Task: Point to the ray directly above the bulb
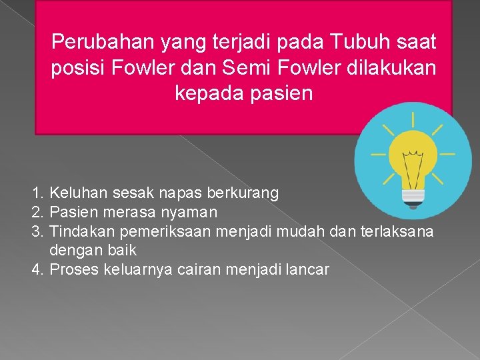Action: (x=413, y=120)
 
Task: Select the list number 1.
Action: (x=37, y=193)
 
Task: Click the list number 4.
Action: (x=37, y=270)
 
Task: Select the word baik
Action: (x=121, y=251)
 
